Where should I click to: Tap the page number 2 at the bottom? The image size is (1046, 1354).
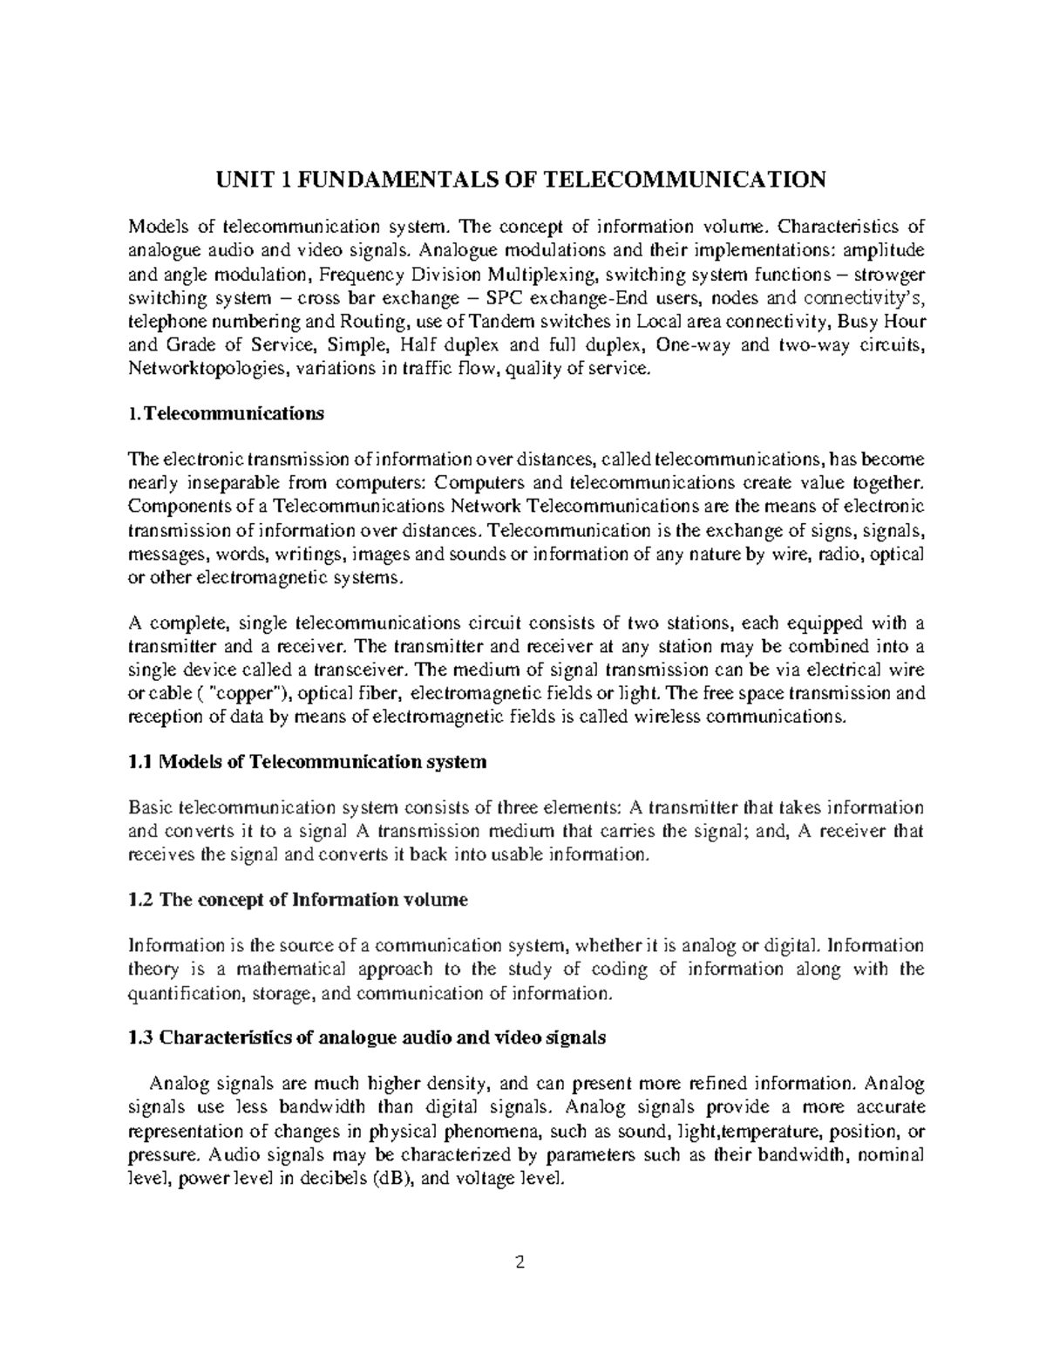click(x=523, y=1262)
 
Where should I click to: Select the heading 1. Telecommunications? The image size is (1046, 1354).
click(x=226, y=414)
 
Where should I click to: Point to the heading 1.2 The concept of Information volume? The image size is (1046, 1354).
click(x=298, y=900)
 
